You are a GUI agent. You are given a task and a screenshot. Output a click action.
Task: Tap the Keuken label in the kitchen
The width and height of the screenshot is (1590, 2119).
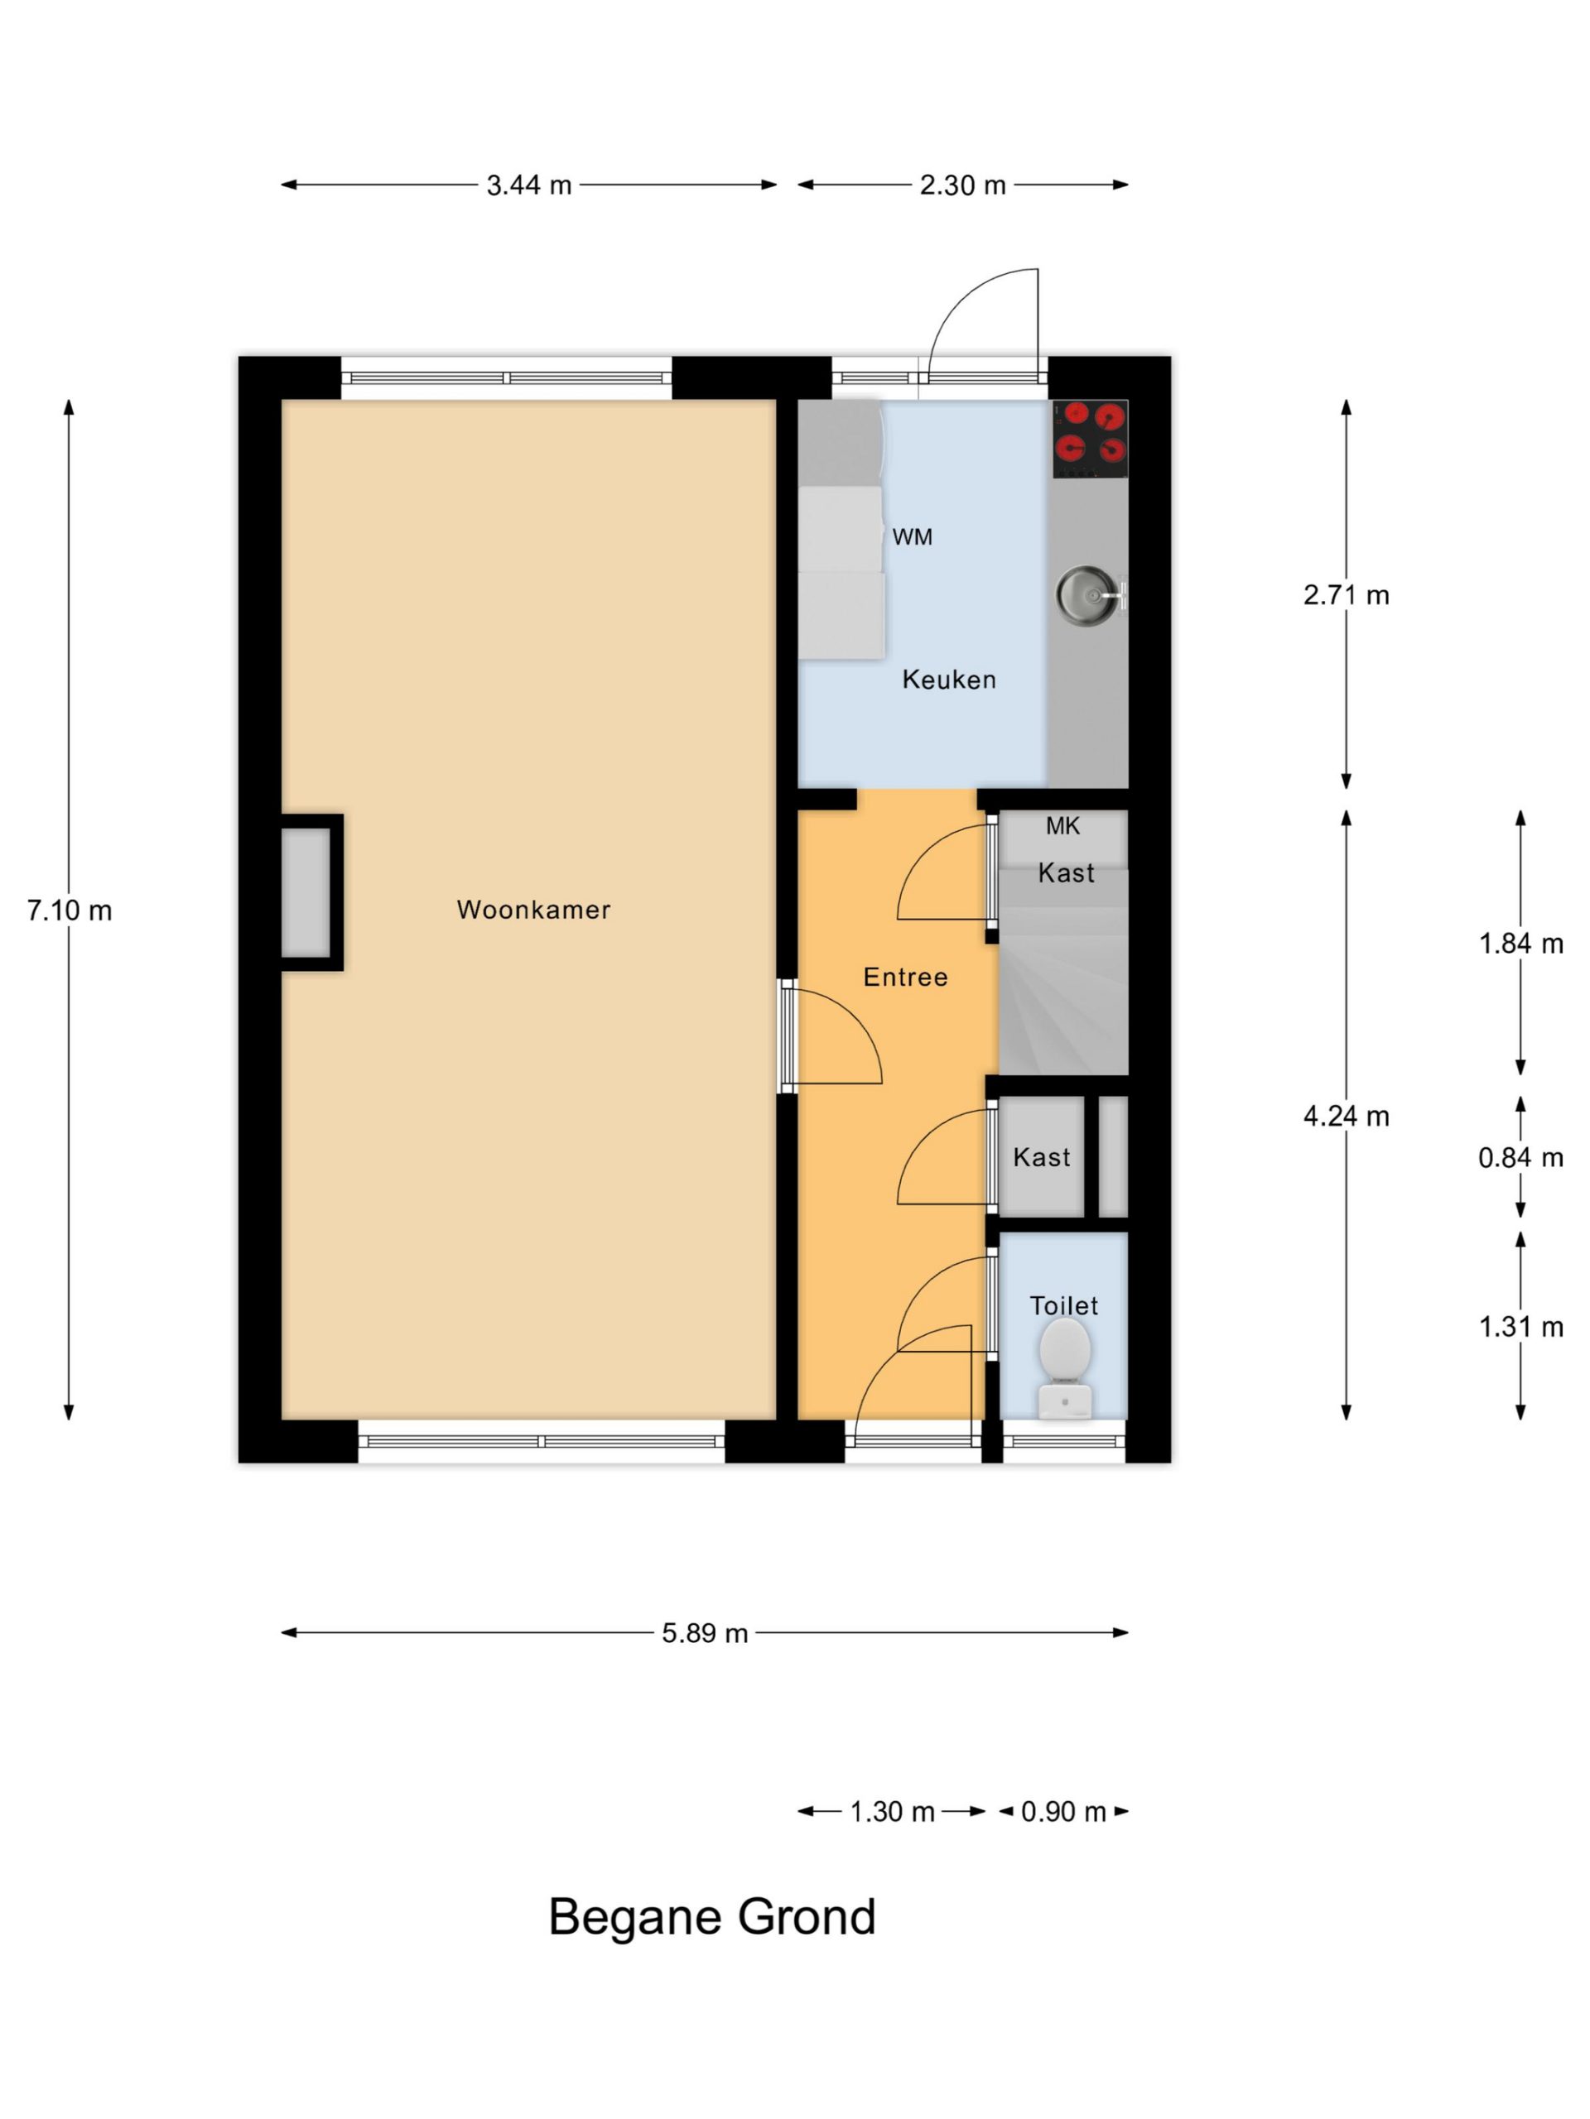click(949, 680)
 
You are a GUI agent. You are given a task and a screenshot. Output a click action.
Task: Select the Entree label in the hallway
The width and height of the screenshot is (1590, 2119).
click(905, 977)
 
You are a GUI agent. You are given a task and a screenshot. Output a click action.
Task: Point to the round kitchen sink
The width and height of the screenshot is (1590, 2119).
click(1088, 595)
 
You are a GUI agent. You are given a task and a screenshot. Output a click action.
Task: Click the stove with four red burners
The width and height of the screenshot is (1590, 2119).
click(1090, 439)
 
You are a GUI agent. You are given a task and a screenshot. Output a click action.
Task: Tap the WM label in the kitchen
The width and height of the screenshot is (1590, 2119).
click(912, 537)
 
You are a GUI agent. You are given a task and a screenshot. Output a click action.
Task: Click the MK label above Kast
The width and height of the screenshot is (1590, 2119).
click(1062, 826)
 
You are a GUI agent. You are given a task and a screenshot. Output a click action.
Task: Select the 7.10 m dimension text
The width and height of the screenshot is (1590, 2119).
click(69, 910)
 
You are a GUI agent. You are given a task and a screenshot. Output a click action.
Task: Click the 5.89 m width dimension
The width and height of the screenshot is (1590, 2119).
click(705, 1632)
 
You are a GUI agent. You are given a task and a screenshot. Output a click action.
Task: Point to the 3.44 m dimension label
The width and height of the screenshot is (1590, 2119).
click(528, 185)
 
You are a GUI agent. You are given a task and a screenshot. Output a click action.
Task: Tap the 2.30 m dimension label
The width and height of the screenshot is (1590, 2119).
click(962, 185)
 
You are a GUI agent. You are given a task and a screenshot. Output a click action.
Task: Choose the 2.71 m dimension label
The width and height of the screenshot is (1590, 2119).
click(1346, 595)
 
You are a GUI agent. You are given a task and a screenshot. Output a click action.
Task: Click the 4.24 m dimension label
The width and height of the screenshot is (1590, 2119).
click(1346, 1116)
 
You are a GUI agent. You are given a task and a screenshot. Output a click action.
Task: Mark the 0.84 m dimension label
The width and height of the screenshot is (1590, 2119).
click(1520, 1158)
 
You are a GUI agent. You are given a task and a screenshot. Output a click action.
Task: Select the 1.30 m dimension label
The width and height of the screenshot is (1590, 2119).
click(891, 1811)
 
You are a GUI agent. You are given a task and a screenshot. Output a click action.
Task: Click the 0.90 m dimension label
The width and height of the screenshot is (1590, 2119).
click(1062, 1811)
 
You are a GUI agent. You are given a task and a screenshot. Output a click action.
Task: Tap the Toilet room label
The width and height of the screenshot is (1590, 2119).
click(1064, 1305)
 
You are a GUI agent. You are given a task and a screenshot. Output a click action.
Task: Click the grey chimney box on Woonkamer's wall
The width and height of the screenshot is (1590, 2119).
click(306, 891)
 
